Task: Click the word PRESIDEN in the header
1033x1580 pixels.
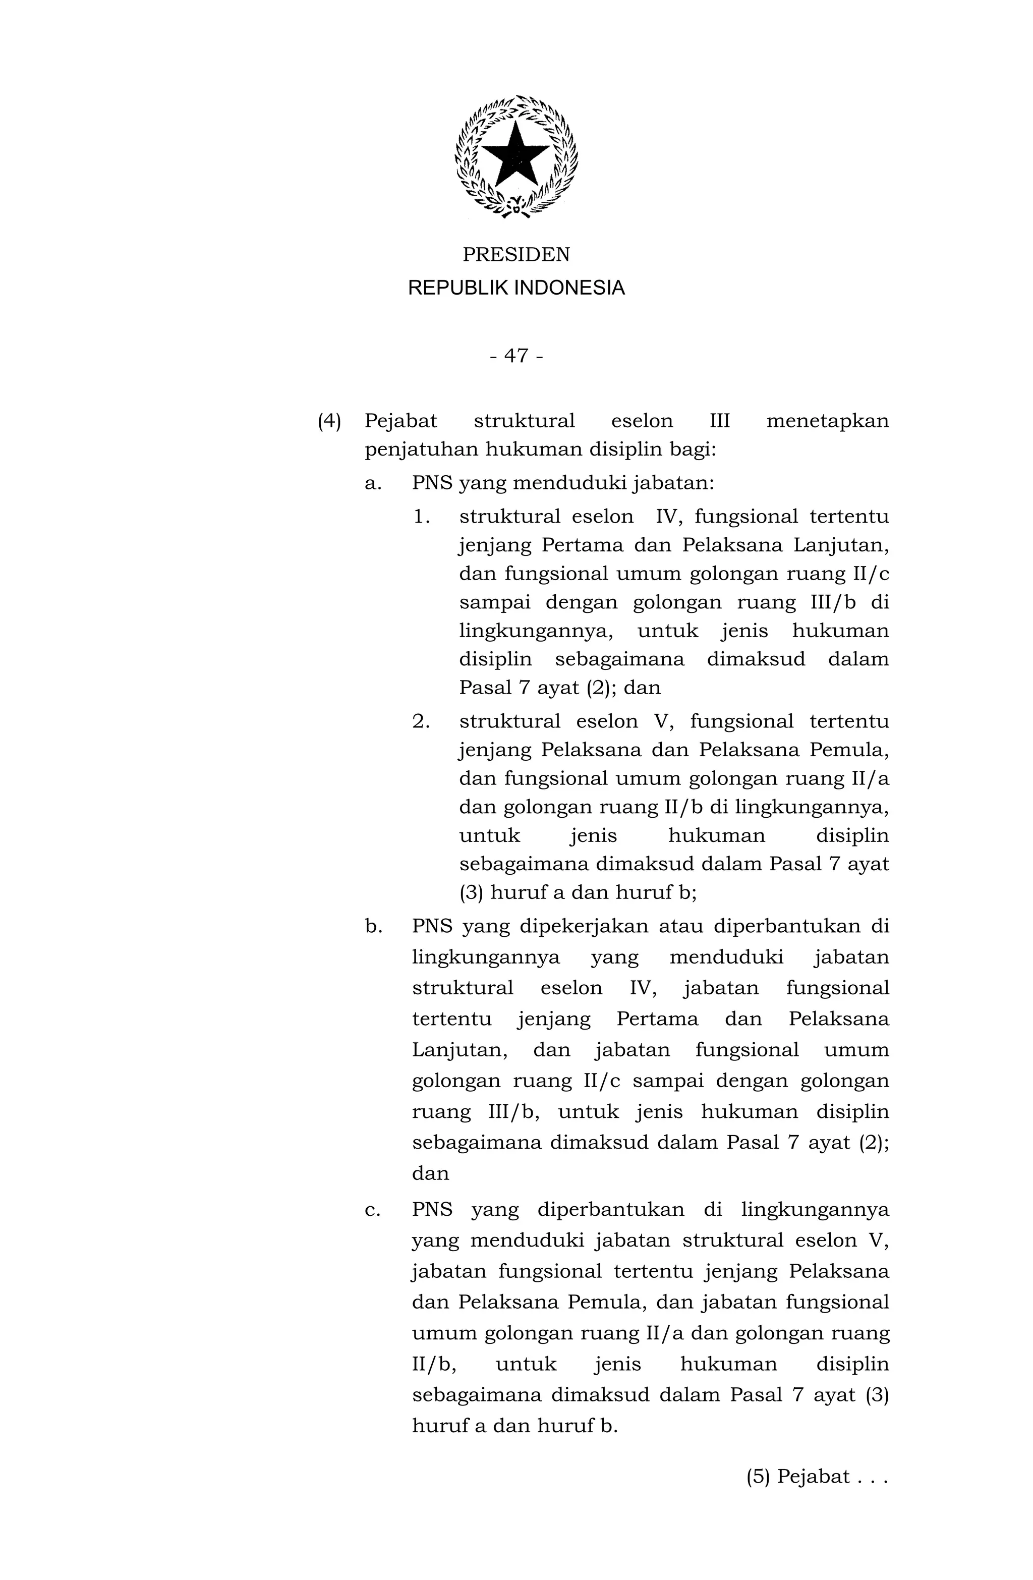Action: click(x=516, y=255)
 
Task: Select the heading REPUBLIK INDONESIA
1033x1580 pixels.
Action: click(x=516, y=288)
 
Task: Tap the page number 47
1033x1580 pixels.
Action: click(x=516, y=357)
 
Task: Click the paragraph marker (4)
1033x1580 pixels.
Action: click(x=329, y=421)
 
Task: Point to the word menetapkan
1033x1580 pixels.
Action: click(x=827, y=421)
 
